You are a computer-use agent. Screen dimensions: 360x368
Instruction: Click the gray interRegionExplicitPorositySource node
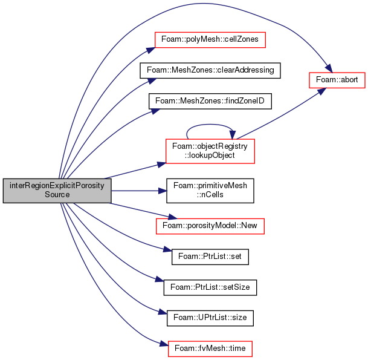pyautogui.click(x=57, y=191)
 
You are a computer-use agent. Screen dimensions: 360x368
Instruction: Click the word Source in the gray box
pyautogui.click(x=57, y=195)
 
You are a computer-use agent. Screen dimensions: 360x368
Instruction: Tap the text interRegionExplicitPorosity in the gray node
pyautogui.click(x=57, y=186)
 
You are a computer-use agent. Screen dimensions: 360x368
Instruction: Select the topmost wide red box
pyautogui.click(x=210, y=40)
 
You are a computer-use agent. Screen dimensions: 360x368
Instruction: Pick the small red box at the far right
pyautogui.click(x=337, y=80)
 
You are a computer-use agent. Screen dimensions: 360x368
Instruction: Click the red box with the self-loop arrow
pyautogui.click(x=210, y=151)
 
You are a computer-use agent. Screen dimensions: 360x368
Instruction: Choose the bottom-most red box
pyautogui.click(x=210, y=349)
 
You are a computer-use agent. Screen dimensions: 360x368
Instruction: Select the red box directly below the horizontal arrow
pyautogui.click(x=210, y=226)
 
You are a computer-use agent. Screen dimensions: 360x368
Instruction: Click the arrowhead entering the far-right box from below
pyautogui.click(x=321, y=87)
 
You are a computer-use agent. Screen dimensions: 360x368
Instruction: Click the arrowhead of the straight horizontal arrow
pyautogui.click(x=163, y=191)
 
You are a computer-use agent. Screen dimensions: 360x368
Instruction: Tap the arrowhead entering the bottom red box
pyautogui.click(x=163, y=344)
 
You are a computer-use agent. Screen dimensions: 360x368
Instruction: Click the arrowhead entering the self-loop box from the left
pyautogui.click(x=161, y=163)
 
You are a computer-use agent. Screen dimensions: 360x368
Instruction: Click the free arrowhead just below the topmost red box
pyautogui.click(x=152, y=80)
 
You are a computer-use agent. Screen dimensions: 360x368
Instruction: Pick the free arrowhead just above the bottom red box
pyautogui.click(x=163, y=312)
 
